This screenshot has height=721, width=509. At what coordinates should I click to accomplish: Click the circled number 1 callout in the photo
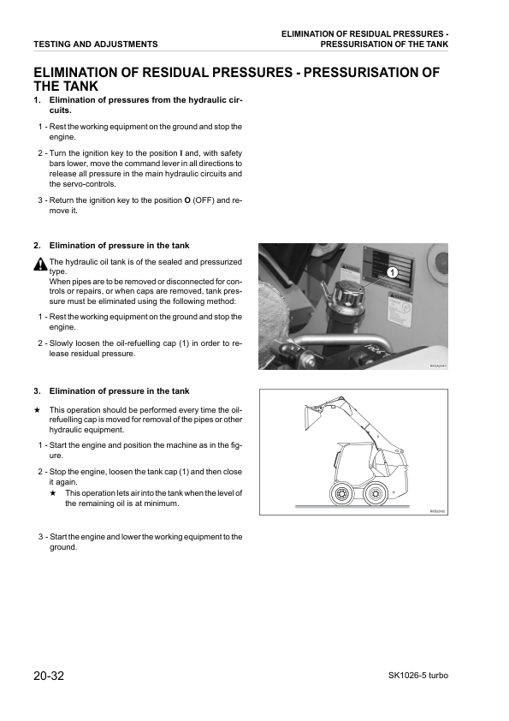393,271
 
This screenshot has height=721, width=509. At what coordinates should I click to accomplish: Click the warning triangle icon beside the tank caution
40,265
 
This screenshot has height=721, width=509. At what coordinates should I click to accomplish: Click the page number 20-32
48,676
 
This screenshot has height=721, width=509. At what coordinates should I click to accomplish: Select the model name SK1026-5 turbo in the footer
412,676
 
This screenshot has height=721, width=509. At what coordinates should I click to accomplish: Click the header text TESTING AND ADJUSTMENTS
95,44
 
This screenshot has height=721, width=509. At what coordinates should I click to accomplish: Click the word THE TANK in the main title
65,86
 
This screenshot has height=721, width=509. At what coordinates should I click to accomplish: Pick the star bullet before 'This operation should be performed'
38,410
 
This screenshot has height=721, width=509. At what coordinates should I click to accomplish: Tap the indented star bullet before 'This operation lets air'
53,493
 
